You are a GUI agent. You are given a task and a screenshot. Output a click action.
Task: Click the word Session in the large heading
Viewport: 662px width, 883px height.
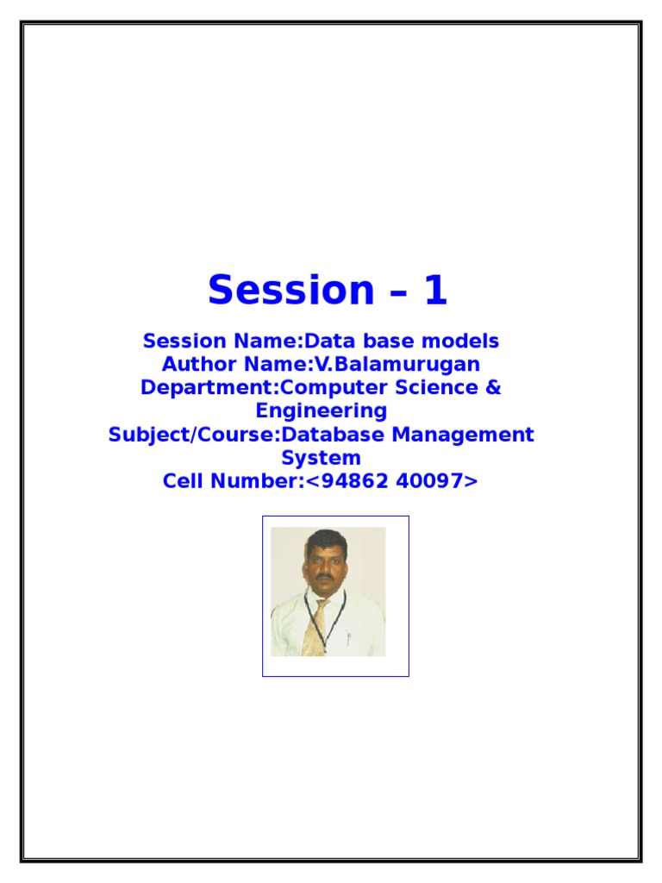pyautogui.click(x=282, y=291)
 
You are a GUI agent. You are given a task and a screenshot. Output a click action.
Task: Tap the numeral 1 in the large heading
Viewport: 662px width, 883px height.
pyautogui.click(x=434, y=291)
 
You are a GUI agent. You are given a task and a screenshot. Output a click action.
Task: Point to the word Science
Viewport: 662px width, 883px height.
pyautogui.click(x=438, y=387)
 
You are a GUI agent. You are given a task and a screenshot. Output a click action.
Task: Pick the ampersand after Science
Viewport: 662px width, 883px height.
pyautogui.click(x=492, y=387)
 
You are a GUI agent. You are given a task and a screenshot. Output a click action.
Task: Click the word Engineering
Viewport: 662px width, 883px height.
pyautogui.click(x=321, y=410)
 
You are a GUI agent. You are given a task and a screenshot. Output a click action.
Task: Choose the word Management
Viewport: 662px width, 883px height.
pyautogui.click(x=464, y=434)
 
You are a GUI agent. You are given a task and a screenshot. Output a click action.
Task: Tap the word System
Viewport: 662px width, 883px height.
pyautogui.click(x=321, y=457)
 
